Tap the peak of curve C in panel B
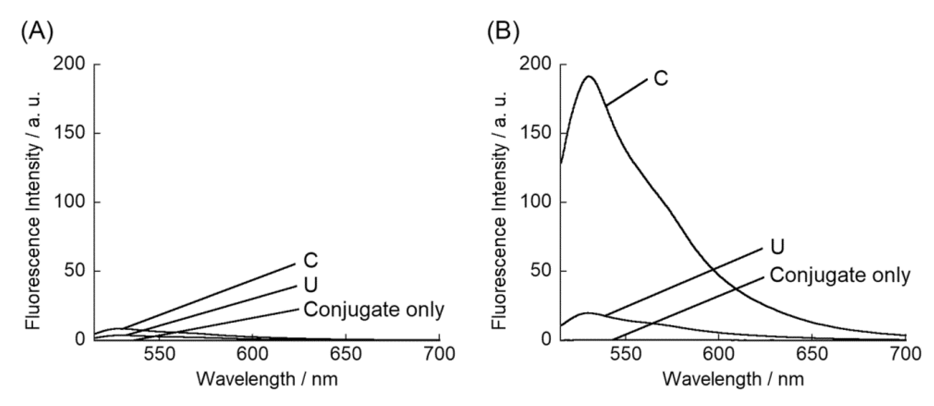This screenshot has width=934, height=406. coord(588,77)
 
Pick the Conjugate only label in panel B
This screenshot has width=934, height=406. coord(840,276)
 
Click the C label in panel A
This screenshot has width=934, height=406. coord(311,261)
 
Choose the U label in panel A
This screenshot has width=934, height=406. coord(311,285)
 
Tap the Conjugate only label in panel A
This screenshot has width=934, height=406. coord(374,309)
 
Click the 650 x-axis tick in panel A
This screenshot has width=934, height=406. coord(346,354)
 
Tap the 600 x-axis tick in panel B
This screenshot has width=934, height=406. coord(718,354)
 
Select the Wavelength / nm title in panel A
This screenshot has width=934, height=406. coord(267,380)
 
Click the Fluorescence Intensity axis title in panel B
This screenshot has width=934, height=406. coord(499,210)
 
